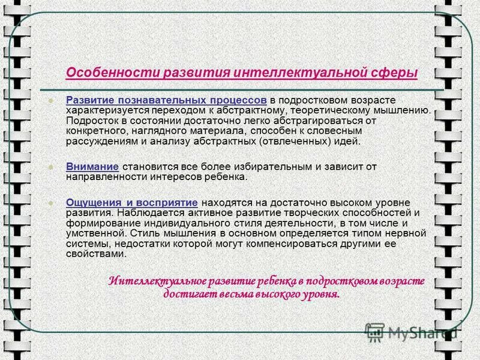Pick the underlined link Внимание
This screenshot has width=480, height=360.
92,166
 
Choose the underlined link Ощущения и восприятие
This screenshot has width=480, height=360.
131,202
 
